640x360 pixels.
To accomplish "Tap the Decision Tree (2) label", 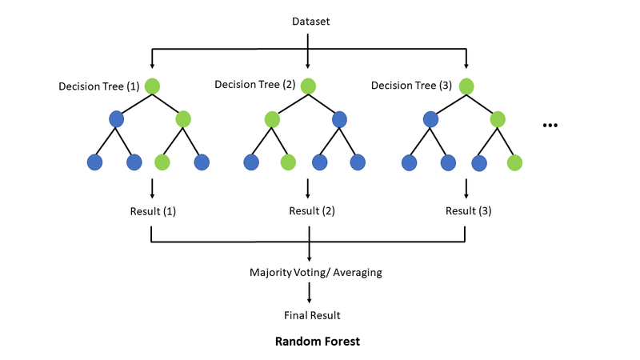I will click(255, 84).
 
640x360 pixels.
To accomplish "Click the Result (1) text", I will click(152, 212).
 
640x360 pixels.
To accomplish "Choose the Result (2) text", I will click(311, 212).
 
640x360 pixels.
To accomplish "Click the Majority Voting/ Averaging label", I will click(316, 272).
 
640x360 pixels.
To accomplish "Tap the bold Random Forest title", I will click(317, 342).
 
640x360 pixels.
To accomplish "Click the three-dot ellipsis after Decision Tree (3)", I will click(550, 126).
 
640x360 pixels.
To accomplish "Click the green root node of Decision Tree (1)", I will click(152, 86).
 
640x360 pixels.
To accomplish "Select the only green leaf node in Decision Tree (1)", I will click(162, 162).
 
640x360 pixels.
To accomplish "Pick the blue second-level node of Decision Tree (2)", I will click(340, 119).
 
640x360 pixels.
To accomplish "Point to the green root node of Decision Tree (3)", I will click(466, 86).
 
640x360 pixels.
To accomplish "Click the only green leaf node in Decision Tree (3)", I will click(514, 162).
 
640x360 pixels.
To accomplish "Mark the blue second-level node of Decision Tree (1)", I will click(118, 119).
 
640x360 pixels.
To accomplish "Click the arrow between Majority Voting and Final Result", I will click(309, 294).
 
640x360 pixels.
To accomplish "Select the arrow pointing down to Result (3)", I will click(466, 189).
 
